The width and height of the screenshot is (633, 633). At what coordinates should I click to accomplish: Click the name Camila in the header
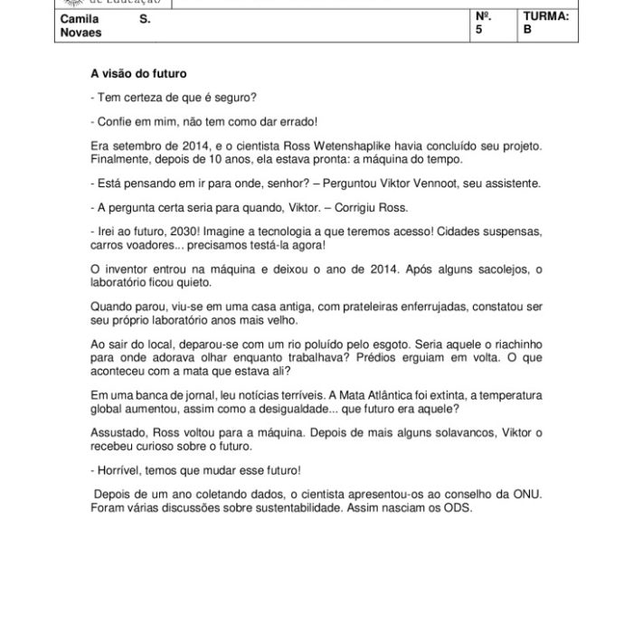pos(79,18)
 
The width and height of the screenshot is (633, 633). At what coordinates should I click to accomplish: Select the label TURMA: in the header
pos(546,17)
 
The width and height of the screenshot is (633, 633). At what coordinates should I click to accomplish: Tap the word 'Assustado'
pos(122,432)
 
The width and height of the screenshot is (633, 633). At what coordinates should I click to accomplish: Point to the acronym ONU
pos(530,495)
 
